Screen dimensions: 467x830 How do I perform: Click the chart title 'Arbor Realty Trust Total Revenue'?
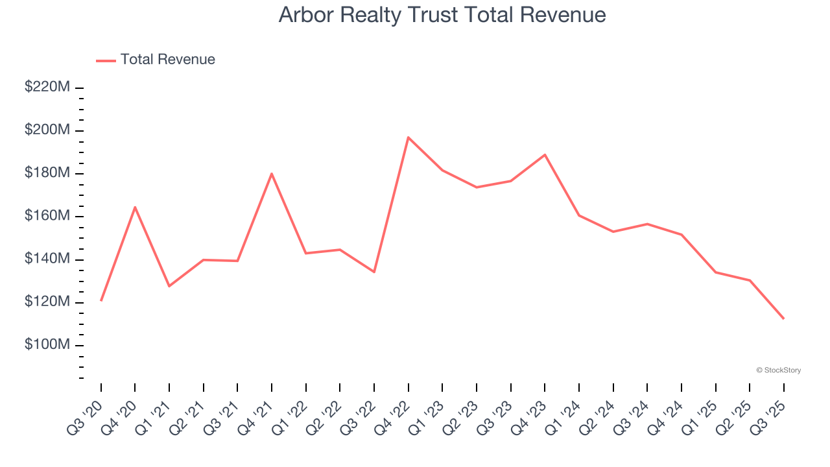(442, 15)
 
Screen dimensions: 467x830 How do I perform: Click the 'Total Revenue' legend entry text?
(167, 60)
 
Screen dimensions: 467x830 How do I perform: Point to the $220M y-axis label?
(47, 87)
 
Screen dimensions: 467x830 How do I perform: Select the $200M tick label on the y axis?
(47, 130)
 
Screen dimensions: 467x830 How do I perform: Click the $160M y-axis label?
(47, 216)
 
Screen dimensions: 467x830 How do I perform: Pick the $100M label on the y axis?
(47, 344)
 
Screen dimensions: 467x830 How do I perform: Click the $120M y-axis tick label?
(47, 302)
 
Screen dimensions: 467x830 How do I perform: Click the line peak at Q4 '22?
(408, 137)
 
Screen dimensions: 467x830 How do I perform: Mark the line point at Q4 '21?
(272, 173)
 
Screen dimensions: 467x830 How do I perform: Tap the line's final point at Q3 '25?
(783, 318)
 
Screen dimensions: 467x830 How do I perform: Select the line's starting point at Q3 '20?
(101, 300)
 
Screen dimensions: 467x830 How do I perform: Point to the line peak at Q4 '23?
(545, 154)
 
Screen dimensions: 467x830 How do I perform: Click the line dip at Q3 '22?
(374, 272)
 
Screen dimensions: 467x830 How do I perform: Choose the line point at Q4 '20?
(135, 207)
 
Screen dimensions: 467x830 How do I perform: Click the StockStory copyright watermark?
(778, 370)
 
